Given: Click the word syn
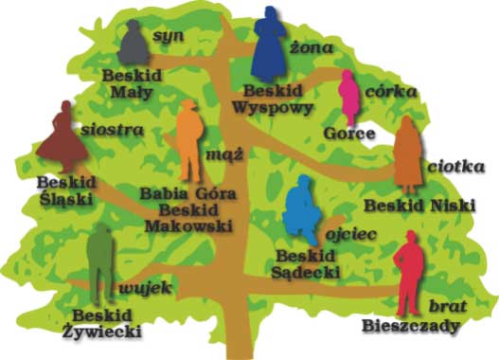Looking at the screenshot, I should click(168, 36).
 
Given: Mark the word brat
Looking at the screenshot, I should click(444, 305).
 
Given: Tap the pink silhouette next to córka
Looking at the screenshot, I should click(348, 99).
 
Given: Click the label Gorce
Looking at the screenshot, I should click(344, 134).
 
